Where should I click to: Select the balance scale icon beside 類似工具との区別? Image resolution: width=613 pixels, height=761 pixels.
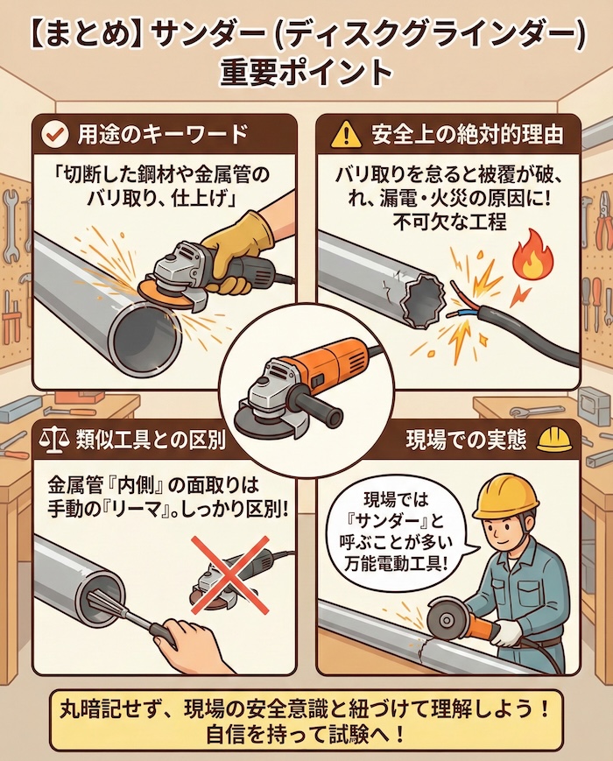pyautogui.click(x=54, y=439)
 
